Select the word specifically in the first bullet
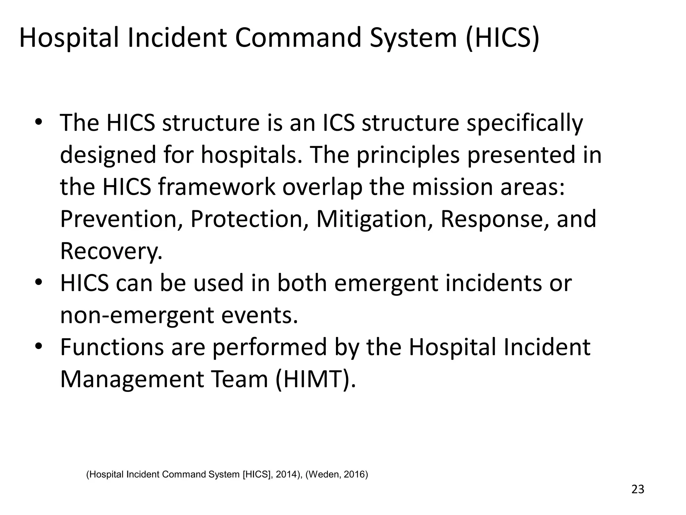point(525,123)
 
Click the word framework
point(216,187)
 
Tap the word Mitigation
point(374,219)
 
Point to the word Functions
point(112,347)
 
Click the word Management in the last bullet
point(132,379)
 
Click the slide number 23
point(638,490)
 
